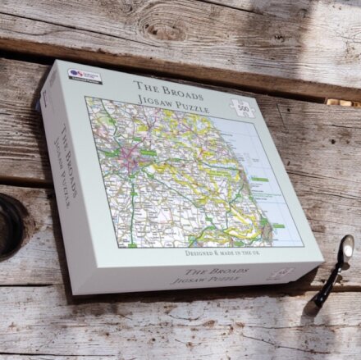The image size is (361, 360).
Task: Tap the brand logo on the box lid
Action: coord(84,75)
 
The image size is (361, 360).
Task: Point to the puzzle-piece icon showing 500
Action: coord(244,109)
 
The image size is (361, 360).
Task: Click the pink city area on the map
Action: coord(130,156)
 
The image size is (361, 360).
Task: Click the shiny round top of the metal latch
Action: coord(347,244)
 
